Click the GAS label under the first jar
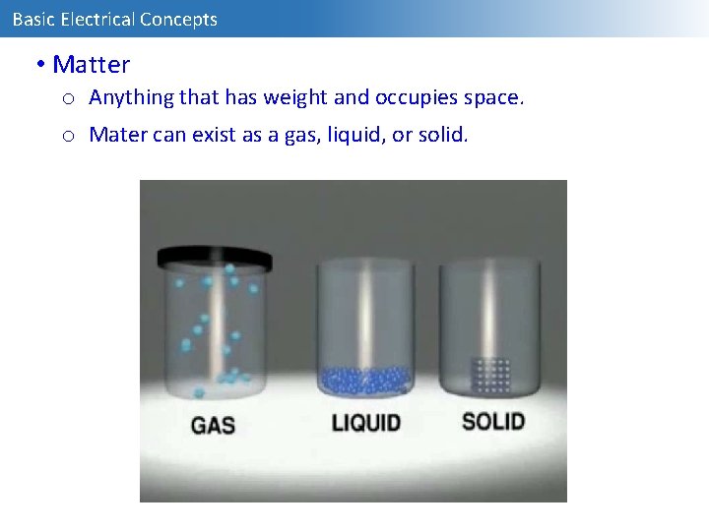212,426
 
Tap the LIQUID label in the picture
365,423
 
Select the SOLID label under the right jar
492,421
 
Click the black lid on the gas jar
215,258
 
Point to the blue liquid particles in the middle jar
364,380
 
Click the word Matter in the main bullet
91,65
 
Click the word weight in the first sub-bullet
290,98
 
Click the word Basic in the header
32,19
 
